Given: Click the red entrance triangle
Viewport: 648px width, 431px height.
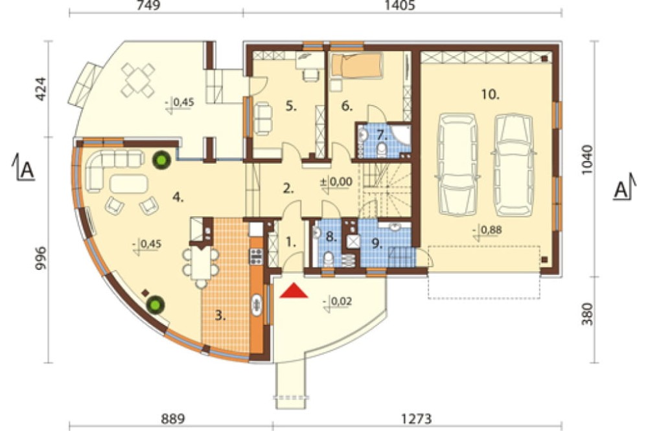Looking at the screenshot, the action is coord(294,291).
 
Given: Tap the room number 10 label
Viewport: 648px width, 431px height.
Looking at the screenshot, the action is coord(490,94).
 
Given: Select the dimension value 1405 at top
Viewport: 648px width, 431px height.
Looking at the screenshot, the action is coord(400,5).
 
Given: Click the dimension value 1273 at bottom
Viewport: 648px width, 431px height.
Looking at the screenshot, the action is coord(417,419).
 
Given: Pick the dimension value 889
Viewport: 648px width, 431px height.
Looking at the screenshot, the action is coord(172,419).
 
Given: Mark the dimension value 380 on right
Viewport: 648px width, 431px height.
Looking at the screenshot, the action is coord(587,314).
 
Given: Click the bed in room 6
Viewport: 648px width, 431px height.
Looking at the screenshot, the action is coord(358,66).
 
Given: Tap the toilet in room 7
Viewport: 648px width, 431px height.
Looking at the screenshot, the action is coord(382,150).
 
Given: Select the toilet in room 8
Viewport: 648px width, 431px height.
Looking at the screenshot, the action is coord(329,259).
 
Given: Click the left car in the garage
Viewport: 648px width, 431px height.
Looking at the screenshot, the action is coord(457,164).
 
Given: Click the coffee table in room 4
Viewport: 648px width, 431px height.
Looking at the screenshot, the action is coord(129,184).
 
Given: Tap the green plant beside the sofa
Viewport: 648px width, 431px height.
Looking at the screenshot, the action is coord(161,159).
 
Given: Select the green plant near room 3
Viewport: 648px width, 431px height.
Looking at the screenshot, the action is coord(156,305).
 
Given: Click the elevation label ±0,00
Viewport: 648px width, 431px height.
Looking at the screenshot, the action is coord(336,182).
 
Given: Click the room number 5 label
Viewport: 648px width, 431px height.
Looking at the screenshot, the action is coord(292,106).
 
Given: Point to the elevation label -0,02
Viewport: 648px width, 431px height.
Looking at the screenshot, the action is coord(338,302).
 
